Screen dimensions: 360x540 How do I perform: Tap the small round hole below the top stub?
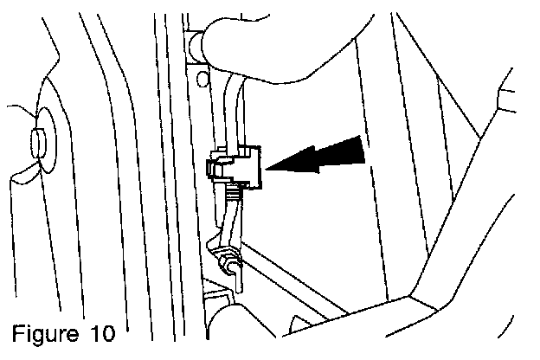202,80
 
